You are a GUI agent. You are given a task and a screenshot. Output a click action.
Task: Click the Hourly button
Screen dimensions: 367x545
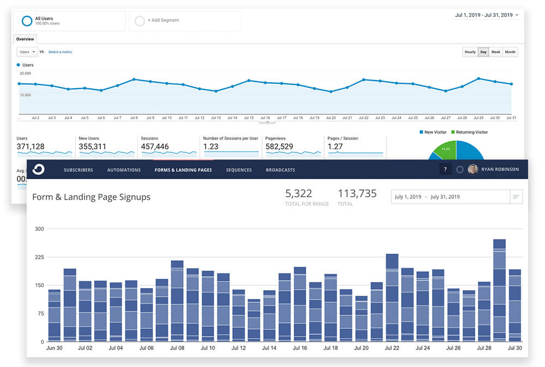470,52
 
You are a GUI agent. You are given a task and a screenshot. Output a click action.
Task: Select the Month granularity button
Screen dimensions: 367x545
510,52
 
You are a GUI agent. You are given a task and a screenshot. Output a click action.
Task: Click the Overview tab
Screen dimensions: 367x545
25,39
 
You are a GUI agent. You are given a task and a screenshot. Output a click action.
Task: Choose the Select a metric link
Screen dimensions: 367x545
60,52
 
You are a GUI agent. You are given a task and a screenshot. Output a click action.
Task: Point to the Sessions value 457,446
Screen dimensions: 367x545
155,146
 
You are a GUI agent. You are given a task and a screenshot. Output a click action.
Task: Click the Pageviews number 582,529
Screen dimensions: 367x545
279,146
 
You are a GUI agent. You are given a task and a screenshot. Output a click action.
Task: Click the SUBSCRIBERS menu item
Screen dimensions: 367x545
78,170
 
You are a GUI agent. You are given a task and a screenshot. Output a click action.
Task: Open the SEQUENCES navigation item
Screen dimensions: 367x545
239,170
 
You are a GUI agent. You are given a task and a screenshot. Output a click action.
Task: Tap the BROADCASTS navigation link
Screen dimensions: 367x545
280,170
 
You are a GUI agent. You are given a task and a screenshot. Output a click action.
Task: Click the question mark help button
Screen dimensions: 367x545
445,169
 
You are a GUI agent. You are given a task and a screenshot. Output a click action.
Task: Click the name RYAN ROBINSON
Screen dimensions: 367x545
500,169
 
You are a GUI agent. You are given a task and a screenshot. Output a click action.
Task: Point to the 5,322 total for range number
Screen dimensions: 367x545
299,193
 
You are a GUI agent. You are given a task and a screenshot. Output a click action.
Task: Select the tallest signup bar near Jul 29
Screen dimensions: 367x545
499,289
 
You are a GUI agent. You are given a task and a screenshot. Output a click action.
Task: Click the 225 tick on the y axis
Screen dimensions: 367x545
39,257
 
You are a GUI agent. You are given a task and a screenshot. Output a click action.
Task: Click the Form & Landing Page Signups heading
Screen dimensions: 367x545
91,197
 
